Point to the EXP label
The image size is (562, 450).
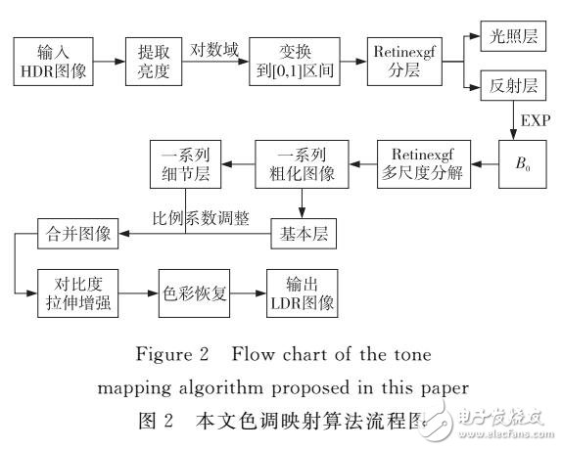pos(536,121)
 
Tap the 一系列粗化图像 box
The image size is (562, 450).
pos(302,162)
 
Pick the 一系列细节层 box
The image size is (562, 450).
pos(186,162)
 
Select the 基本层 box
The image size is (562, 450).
pos(302,234)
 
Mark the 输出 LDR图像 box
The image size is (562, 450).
pos(302,293)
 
